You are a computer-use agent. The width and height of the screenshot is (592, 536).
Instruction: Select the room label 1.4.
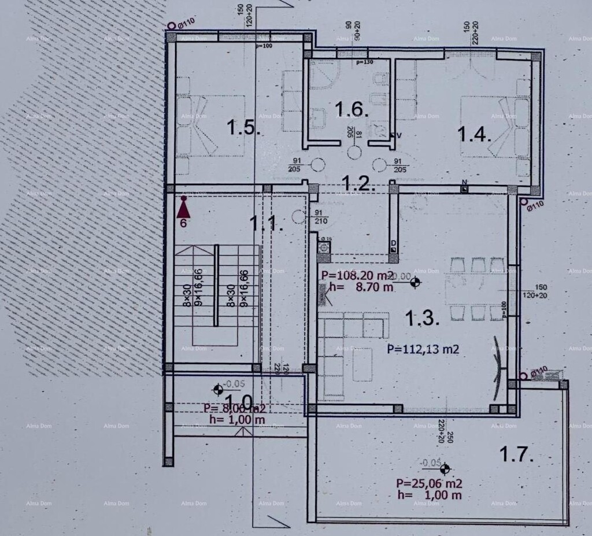coord(475,134)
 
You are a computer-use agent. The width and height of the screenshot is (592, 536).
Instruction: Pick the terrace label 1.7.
coord(515,454)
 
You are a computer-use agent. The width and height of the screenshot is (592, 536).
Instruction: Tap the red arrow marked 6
coord(183,206)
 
